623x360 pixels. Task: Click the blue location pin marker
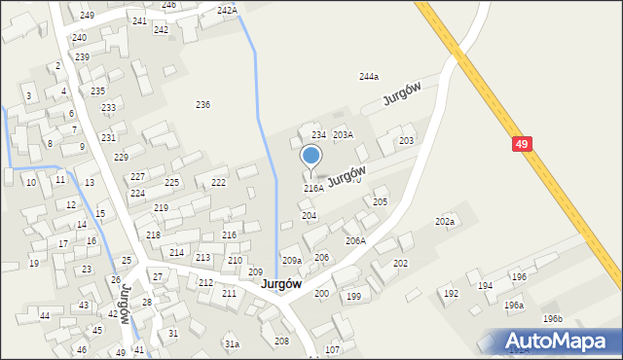(311, 157)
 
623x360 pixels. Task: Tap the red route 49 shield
(523, 144)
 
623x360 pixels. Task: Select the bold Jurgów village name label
(280, 283)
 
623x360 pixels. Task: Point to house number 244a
(368, 76)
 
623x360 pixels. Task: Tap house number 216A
(313, 188)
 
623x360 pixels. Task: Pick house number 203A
(343, 134)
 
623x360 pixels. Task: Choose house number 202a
(445, 222)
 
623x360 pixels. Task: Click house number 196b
(553, 318)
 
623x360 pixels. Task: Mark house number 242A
(227, 10)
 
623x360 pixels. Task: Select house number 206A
(355, 240)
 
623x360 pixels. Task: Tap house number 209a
(292, 260)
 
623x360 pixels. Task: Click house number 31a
(232, 343)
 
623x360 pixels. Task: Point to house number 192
(451, 293)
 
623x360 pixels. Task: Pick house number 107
(332, 349)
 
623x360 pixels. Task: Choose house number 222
(219, 182)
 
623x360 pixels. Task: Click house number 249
(87, 15)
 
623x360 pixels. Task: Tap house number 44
(45, 316)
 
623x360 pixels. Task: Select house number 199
(353, 296)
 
